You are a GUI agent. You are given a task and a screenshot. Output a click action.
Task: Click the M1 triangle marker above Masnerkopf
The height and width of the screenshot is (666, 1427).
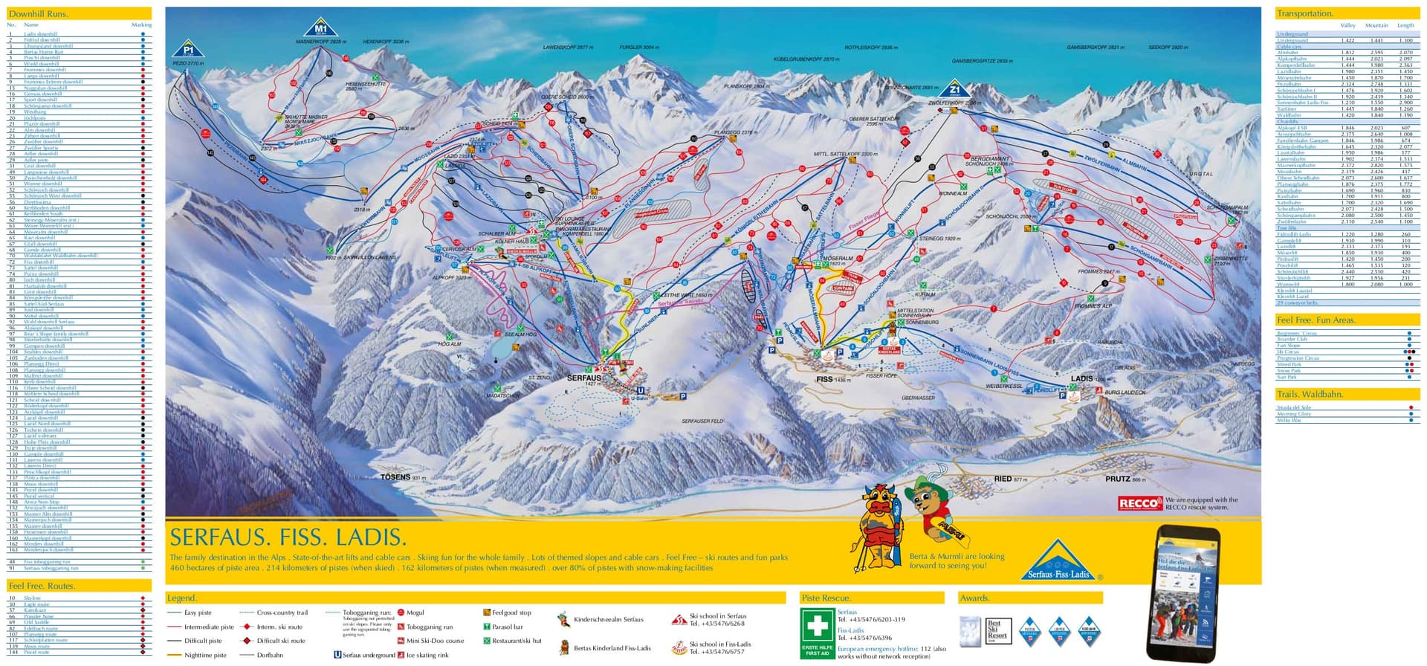click(320, 28)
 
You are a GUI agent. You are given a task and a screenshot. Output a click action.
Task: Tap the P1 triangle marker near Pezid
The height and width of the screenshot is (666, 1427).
click(188, 50)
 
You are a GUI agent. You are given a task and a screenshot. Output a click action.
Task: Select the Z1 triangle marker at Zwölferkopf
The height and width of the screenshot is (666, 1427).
click(955, 88)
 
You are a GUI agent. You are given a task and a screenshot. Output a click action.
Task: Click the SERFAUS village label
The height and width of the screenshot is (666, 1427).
click(583, 378)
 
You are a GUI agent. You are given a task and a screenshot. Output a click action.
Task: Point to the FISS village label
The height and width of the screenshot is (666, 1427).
click(824, 379)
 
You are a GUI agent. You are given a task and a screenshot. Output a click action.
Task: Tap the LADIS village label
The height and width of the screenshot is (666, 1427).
click(1081, 378)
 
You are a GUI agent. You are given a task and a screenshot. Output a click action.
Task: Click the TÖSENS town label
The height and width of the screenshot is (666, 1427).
click(395, 477)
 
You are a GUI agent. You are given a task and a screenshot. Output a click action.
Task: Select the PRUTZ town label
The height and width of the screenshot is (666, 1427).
click(1117, 479)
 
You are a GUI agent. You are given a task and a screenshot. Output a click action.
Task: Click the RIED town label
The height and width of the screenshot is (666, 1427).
click(1003, 479)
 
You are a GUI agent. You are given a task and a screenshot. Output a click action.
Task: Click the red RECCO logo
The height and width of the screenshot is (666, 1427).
click(1139, 504)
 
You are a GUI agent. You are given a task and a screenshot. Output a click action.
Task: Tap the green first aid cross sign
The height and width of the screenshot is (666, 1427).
click(817, 627)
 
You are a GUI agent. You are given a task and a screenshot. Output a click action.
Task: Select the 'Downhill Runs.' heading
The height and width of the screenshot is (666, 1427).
click(38, 13)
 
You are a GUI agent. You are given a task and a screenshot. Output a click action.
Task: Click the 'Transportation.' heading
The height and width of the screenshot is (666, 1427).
click(1304, 13)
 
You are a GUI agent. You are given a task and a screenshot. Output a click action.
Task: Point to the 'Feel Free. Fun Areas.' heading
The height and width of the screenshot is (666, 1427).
click(1316, 320)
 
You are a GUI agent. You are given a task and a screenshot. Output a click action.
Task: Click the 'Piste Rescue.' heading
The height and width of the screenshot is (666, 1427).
click(826, 598)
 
